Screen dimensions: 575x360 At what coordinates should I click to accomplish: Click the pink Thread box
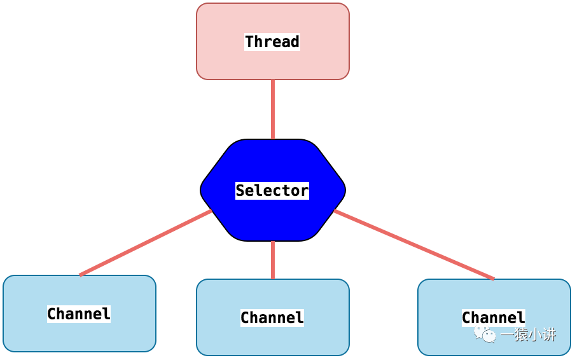272,41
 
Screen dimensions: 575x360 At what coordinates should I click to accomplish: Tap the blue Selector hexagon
273,190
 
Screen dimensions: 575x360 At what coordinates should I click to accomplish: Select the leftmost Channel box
80,314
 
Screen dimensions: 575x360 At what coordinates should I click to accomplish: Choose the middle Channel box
272,317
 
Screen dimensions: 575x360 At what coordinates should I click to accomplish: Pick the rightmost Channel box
494,317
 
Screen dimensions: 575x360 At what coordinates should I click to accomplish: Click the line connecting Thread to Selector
273,109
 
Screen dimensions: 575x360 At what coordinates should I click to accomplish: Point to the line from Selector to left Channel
146,243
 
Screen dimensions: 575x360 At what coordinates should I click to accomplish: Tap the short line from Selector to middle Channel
273,260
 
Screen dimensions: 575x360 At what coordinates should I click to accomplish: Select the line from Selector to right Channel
414,244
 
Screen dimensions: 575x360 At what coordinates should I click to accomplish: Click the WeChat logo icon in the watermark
485,334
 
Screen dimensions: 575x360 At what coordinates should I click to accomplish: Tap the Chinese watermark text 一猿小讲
529,335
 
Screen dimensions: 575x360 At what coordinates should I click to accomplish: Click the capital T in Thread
250,41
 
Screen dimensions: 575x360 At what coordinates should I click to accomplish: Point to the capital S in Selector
240,190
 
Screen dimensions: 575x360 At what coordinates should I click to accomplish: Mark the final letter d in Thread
295,41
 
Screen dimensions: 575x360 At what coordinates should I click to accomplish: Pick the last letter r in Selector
305,191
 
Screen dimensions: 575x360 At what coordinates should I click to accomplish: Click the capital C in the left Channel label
52,314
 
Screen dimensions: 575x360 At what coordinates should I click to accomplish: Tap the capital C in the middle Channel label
246,317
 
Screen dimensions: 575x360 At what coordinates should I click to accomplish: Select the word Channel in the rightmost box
494,317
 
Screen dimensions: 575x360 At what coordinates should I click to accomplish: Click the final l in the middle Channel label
300,317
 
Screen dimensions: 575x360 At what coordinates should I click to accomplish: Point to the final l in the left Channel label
106,314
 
